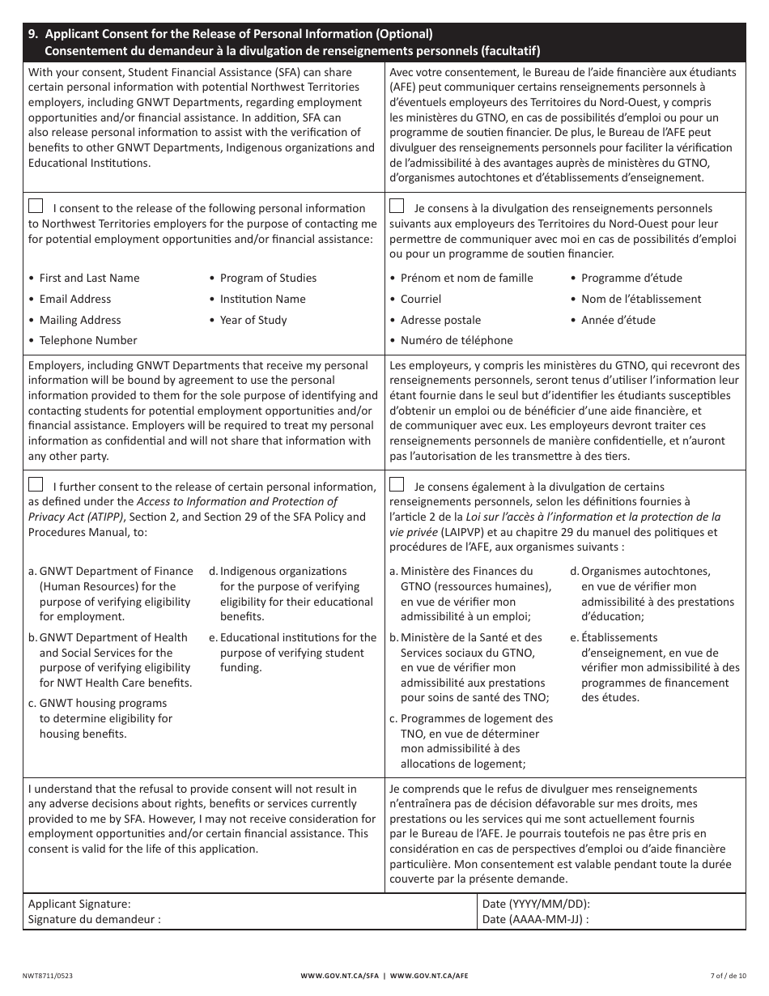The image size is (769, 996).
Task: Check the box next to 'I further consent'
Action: click(x=36, y=484)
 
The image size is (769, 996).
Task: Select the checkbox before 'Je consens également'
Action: click(x=397, y=484)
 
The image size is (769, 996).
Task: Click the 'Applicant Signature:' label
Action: click(x=79, y=904)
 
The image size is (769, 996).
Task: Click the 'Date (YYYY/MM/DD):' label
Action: click(x=536, y=904)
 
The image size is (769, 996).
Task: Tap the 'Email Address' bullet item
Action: click(x=75, y=299)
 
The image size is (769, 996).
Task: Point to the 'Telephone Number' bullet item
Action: click(x=88, y=340)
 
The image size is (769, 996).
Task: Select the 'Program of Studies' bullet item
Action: click(x=268, y=278)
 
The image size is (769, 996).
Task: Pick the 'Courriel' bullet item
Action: click(x=421, y=299)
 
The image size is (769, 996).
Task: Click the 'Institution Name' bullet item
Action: click(x=262, y=299)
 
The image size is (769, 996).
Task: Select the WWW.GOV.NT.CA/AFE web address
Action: click(x=429, y=977)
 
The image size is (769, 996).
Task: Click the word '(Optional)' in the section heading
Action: click(x=403, y=34)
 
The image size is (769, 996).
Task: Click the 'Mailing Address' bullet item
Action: click(x=80, y=320)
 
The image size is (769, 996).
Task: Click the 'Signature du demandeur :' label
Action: click(x=95, y=919)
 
